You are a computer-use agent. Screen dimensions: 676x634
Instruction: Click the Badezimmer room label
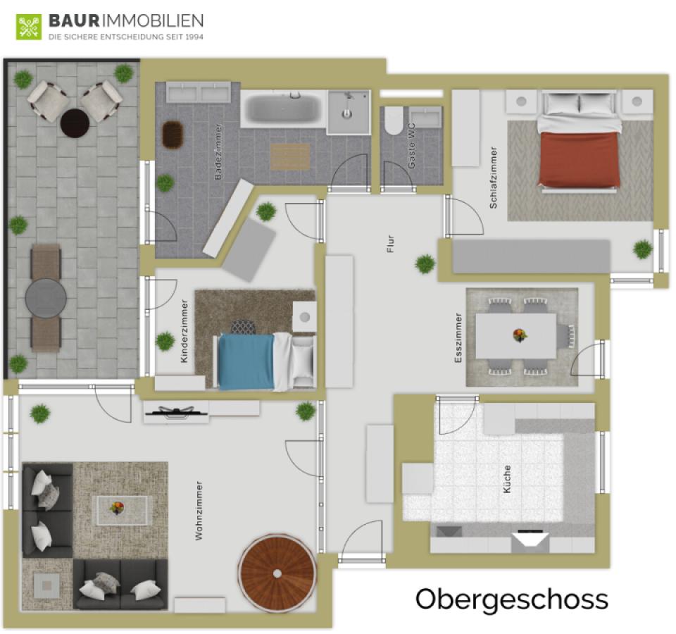point(218,151)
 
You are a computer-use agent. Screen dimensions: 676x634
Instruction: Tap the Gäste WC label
point(412,146)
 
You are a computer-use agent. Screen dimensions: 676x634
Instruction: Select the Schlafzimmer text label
point(493,178)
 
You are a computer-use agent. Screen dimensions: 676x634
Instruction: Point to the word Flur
point(391,244)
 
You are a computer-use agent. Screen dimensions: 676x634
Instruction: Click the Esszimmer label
point(458,338)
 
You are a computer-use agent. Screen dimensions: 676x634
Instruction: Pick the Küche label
point(507,479)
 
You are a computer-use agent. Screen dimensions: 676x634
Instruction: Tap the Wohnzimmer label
point(199,511)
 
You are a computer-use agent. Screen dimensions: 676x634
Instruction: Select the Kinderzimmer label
point(184,331)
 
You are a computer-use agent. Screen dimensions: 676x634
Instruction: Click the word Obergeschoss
point(512,599)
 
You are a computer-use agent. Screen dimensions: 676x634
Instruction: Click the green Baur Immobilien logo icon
point(29,27)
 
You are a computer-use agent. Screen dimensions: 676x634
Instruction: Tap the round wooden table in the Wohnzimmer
point(277,573)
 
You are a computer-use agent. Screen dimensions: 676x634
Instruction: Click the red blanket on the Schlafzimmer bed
point(578,158)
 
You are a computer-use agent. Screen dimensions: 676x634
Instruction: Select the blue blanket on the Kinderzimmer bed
point(246,361)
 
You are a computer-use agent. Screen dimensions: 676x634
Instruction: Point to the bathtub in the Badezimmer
point(283,108)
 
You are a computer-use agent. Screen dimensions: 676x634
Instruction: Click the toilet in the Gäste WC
point(393,120)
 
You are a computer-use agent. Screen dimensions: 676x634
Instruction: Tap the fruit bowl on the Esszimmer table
point(520,335)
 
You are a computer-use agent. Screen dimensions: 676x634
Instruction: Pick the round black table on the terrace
point(75,123)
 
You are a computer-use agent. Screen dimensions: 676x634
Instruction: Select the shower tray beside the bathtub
point(349,112)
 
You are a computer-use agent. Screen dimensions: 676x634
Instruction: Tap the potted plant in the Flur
point(425,263)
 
